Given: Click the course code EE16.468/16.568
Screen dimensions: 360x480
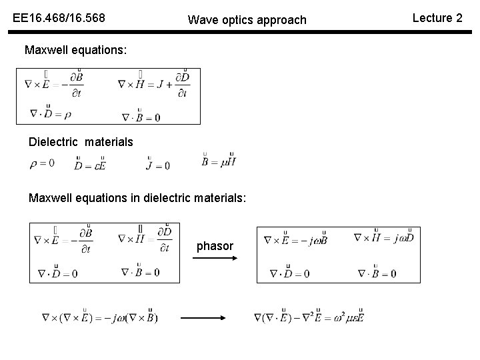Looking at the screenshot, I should [59, 19].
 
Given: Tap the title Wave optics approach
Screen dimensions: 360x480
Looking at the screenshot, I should [247, 20].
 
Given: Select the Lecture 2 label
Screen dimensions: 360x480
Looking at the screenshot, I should [437, 18].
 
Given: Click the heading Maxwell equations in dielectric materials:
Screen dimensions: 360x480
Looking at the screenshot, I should [137, 198].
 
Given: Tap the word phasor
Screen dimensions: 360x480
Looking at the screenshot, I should [215, 247].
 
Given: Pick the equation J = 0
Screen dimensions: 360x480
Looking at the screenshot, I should [158, 163].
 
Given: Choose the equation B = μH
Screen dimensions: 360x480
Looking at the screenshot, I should [219, 161].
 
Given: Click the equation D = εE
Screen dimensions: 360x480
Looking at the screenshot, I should [91, 163].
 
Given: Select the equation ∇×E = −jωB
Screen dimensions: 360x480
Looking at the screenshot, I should [295, 239].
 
